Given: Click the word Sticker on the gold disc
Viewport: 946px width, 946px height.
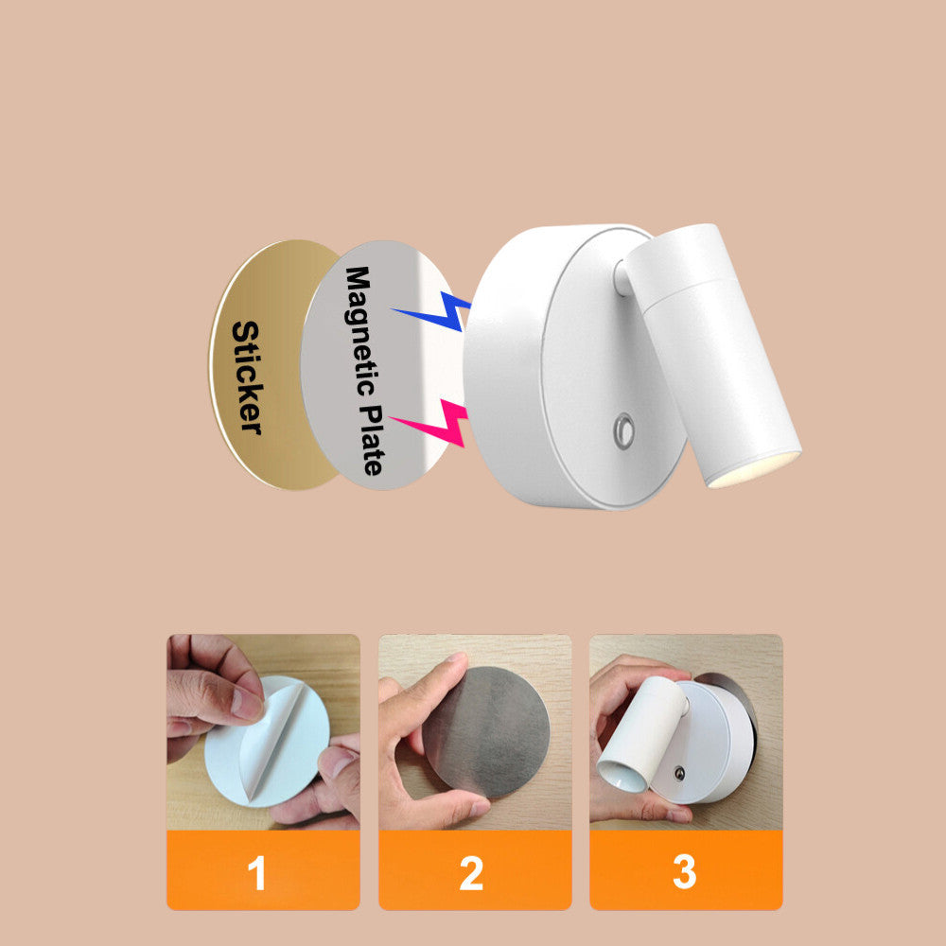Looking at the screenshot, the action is [247, 377].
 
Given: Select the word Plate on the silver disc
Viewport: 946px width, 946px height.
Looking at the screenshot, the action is [373, 439].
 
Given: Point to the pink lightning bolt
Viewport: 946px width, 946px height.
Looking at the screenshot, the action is [430, 423].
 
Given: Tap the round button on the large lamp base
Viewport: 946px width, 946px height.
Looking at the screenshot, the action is [623, 430].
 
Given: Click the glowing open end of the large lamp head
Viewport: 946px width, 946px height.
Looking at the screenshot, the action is [755, 467].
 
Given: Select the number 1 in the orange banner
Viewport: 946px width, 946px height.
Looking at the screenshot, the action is [257, 873].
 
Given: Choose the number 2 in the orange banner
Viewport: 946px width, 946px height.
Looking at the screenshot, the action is [471, 873].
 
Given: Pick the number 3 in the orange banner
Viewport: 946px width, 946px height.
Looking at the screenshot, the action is [685, 872].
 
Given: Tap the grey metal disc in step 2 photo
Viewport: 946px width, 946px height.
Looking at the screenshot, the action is [486, 731].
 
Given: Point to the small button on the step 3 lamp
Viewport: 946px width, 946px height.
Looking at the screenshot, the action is [679, 773].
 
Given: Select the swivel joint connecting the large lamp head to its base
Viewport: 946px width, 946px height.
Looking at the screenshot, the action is [621, 277].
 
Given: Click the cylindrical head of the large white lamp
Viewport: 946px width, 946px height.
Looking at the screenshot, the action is [712, 355].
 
